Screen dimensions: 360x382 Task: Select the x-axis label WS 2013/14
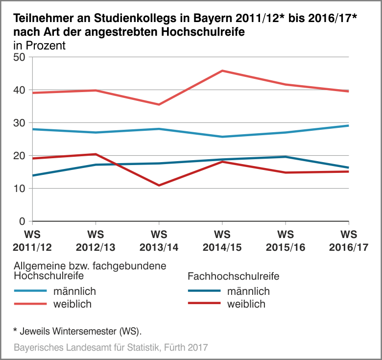[x=159, y=240]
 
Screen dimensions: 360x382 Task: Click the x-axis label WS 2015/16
[x=286, y=240]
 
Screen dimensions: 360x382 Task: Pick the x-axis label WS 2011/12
[x=32, y=240]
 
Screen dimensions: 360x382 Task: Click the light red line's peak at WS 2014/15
[x=222, y=71]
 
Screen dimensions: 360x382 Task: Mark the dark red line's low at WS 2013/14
[x=159, y=185]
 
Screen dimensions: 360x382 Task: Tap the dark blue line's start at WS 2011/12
[x=32, y=175]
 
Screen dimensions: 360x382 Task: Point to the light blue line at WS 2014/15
[x=222, y=137]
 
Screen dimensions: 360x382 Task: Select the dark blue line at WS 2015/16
[x=286, y=157]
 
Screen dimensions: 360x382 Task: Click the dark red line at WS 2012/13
[x=95, y=154]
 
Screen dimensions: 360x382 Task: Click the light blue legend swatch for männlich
[x=31, y=291]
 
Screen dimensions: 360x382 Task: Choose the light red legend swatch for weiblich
[x=31, y=304]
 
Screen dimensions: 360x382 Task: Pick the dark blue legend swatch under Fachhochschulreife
[x=204, y=291]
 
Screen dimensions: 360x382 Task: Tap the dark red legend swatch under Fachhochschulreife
[x=204, y=304]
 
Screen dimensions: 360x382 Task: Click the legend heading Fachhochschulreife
[x=233, y=276]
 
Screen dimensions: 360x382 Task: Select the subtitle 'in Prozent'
[x=39, y=46]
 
